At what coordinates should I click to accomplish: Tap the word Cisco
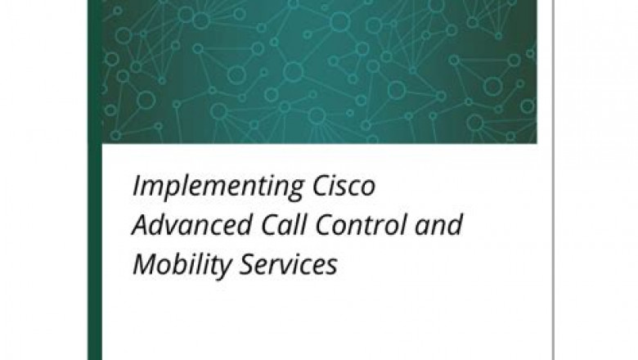pyautogui.click(x=350, y=187)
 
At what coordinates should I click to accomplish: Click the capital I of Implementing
pyautogui.click(x=136, y=187)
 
